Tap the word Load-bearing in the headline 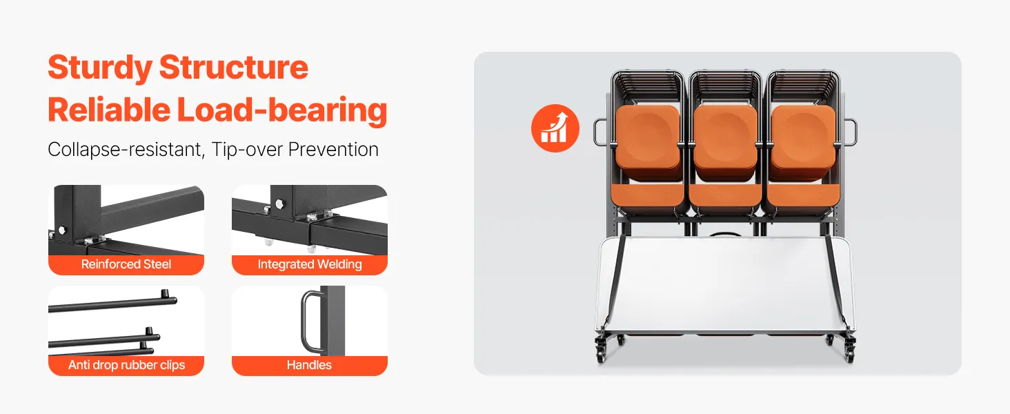281,110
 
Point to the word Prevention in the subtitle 333,149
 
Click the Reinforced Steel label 126,264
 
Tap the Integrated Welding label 310,264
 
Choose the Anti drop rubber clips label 127,365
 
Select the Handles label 309,365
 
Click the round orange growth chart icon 555,128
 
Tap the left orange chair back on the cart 648,141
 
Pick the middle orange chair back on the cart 725,141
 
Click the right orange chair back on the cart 803,141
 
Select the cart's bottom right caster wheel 849,355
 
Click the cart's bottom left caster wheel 601,355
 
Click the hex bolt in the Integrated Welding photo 279,204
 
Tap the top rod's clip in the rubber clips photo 165,294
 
